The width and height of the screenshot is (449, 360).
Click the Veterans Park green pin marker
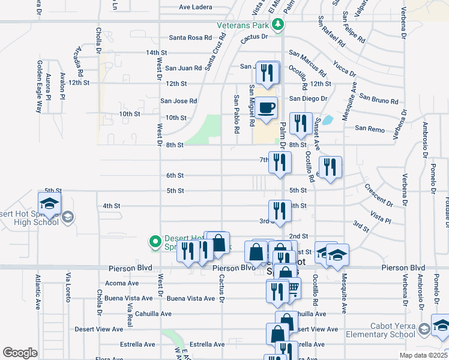(277, 25)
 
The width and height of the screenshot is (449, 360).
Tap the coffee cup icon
(267, 109)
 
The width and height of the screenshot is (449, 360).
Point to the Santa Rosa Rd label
(190, 37)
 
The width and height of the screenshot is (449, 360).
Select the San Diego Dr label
(309, 98)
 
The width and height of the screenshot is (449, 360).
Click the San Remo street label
(369, 128)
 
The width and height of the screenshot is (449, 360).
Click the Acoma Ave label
(122, 283)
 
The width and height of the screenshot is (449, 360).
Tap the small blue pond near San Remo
(328, 120)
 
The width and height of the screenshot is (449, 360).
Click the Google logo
(20, 352)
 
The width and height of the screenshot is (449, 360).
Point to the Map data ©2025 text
(423, 355)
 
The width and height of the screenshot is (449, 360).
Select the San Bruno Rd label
(379, 98)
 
